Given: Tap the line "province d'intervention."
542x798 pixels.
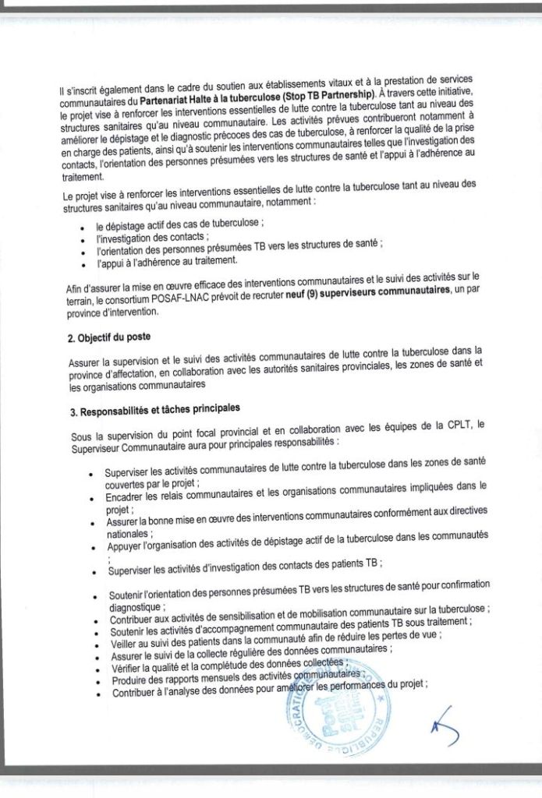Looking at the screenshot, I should (113, 312).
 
